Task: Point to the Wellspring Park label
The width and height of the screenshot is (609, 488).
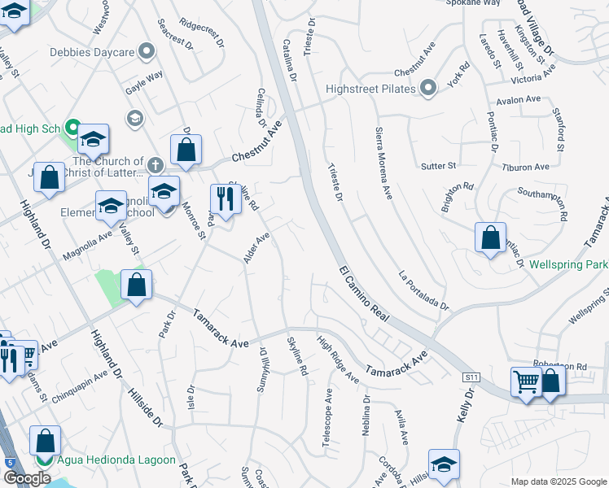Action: point(567,265)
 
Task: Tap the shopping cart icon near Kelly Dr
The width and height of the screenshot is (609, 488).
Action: point(526,381)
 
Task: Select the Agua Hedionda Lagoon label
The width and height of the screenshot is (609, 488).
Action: point(116,460)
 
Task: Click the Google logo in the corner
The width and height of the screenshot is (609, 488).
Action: point(26,478)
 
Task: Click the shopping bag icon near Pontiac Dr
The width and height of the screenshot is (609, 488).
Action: point(491,238)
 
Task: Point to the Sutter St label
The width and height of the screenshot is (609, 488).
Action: point(438,166)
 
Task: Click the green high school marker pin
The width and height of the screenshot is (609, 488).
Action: point(71,129)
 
